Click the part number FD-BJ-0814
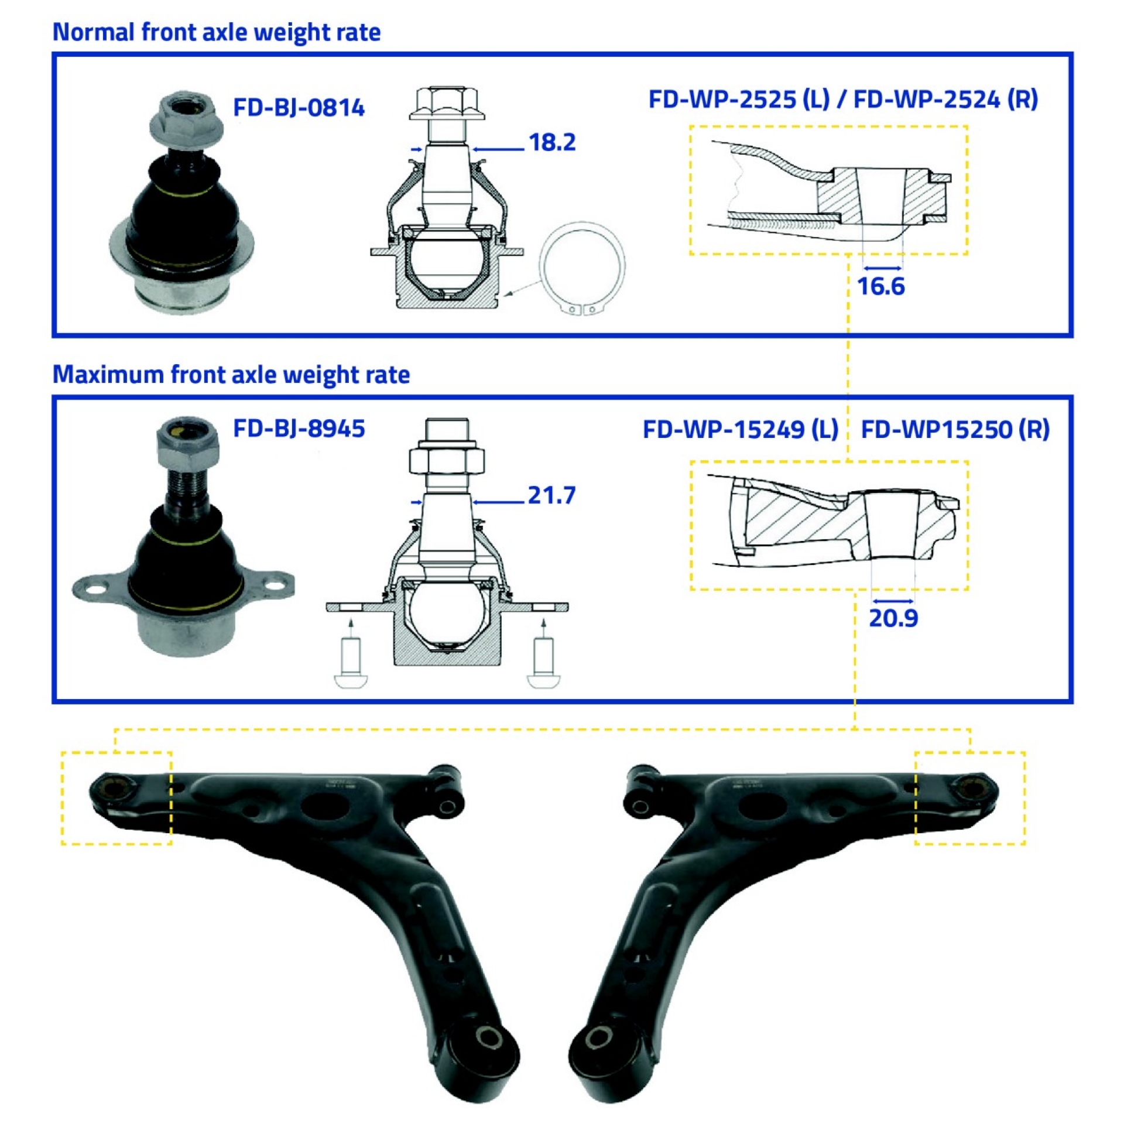(x=299, y=108)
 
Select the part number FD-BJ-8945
(x=299, y=429)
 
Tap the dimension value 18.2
(x=551, y=142)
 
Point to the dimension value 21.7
(x=551, y=495)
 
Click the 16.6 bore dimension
(x=880, y=287)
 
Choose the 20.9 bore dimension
(x=893, y=618)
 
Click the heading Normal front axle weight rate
(x=216, y=32)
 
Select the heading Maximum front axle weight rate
(x=231, y=375)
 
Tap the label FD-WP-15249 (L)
(x=740, y=430)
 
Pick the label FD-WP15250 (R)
(x=954, y=430)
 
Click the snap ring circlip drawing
(x=583, y=268)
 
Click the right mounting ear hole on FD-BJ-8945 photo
(x=273, y=585)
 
